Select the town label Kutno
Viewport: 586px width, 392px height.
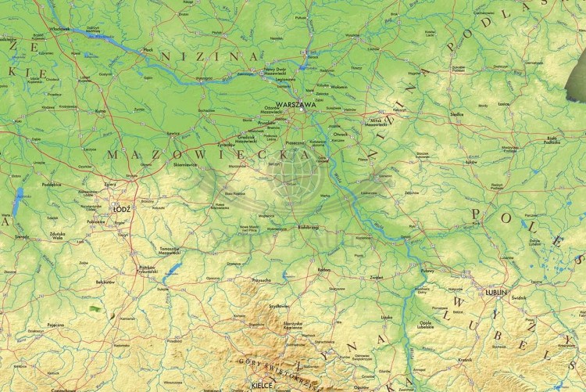pos(99,111)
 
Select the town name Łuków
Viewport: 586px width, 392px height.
pos(470,162)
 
